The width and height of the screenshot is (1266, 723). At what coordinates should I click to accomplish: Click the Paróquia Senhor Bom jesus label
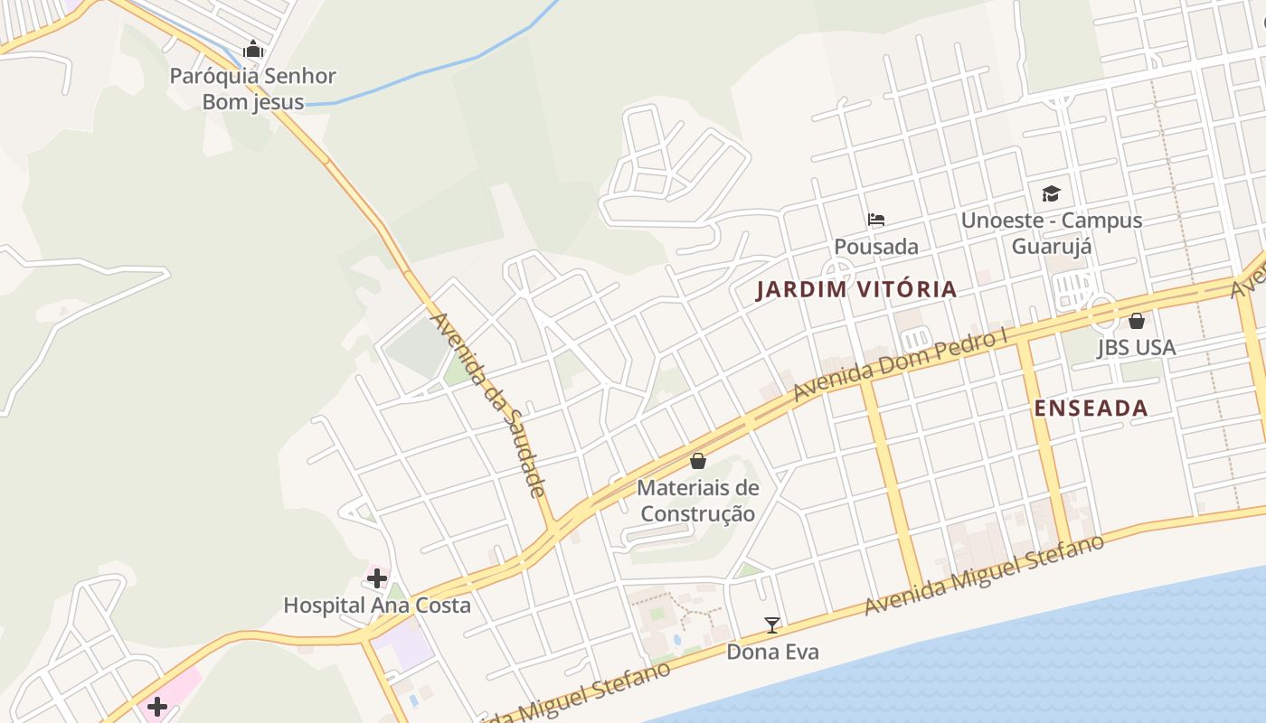253,89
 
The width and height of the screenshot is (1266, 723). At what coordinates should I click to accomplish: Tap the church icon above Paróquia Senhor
253,49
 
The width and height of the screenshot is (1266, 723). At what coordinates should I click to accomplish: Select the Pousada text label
875,246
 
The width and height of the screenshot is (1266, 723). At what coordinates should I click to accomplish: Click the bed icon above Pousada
875,219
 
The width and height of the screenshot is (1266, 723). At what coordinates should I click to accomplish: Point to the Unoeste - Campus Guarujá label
1051,233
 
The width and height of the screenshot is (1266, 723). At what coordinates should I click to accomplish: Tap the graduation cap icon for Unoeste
1051,192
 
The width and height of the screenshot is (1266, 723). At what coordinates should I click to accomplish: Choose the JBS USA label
1136,347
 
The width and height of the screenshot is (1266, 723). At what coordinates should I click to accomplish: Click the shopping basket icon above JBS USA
1136,320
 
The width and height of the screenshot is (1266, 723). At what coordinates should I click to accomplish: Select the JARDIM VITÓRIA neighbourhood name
855,289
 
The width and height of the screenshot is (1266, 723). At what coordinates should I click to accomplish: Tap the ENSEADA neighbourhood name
1091,408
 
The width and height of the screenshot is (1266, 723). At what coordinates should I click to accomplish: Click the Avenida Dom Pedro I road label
900,366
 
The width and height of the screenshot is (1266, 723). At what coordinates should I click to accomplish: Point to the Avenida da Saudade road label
488,404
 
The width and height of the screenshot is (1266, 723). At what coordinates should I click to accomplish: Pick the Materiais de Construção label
697,501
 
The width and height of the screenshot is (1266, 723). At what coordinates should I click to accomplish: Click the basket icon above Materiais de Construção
697,461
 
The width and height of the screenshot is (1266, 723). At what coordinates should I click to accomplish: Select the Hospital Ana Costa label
377,605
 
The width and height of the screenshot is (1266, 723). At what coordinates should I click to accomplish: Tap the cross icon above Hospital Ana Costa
377,577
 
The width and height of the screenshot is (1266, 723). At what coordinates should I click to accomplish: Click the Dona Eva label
772,651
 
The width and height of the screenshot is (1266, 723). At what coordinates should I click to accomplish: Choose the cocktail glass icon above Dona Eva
772,624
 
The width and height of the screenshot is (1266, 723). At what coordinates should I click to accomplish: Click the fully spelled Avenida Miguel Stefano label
984,575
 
